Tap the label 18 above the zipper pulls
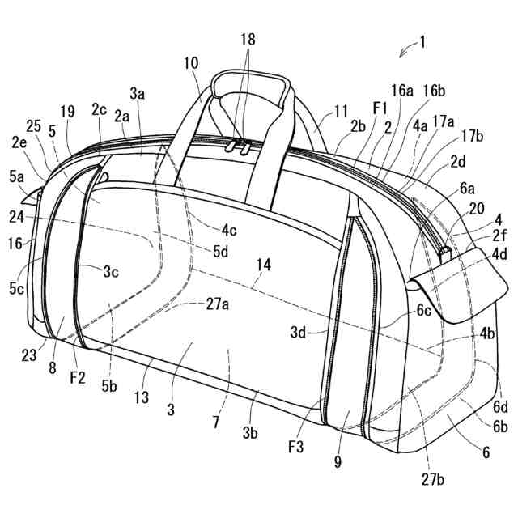point(247,39)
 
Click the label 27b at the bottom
point(432,479)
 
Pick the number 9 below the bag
point(338,463)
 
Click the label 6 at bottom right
point(486,452)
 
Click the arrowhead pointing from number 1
point(401,54)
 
